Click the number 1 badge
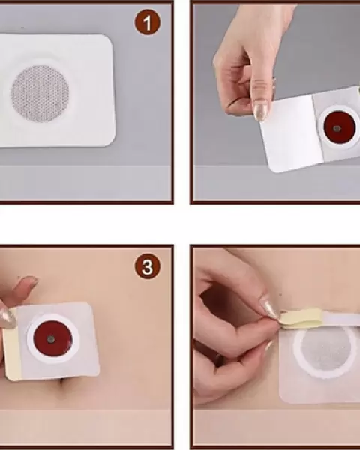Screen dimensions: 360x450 147,22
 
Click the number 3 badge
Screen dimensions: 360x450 147,266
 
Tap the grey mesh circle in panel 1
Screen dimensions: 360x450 40,93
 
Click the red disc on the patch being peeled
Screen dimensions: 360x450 340,127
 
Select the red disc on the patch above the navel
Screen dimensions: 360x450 52,338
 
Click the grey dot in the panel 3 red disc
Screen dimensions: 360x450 51,339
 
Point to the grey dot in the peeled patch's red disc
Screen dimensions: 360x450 337,128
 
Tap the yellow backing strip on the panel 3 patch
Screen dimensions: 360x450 11,344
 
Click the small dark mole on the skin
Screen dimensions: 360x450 280,295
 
